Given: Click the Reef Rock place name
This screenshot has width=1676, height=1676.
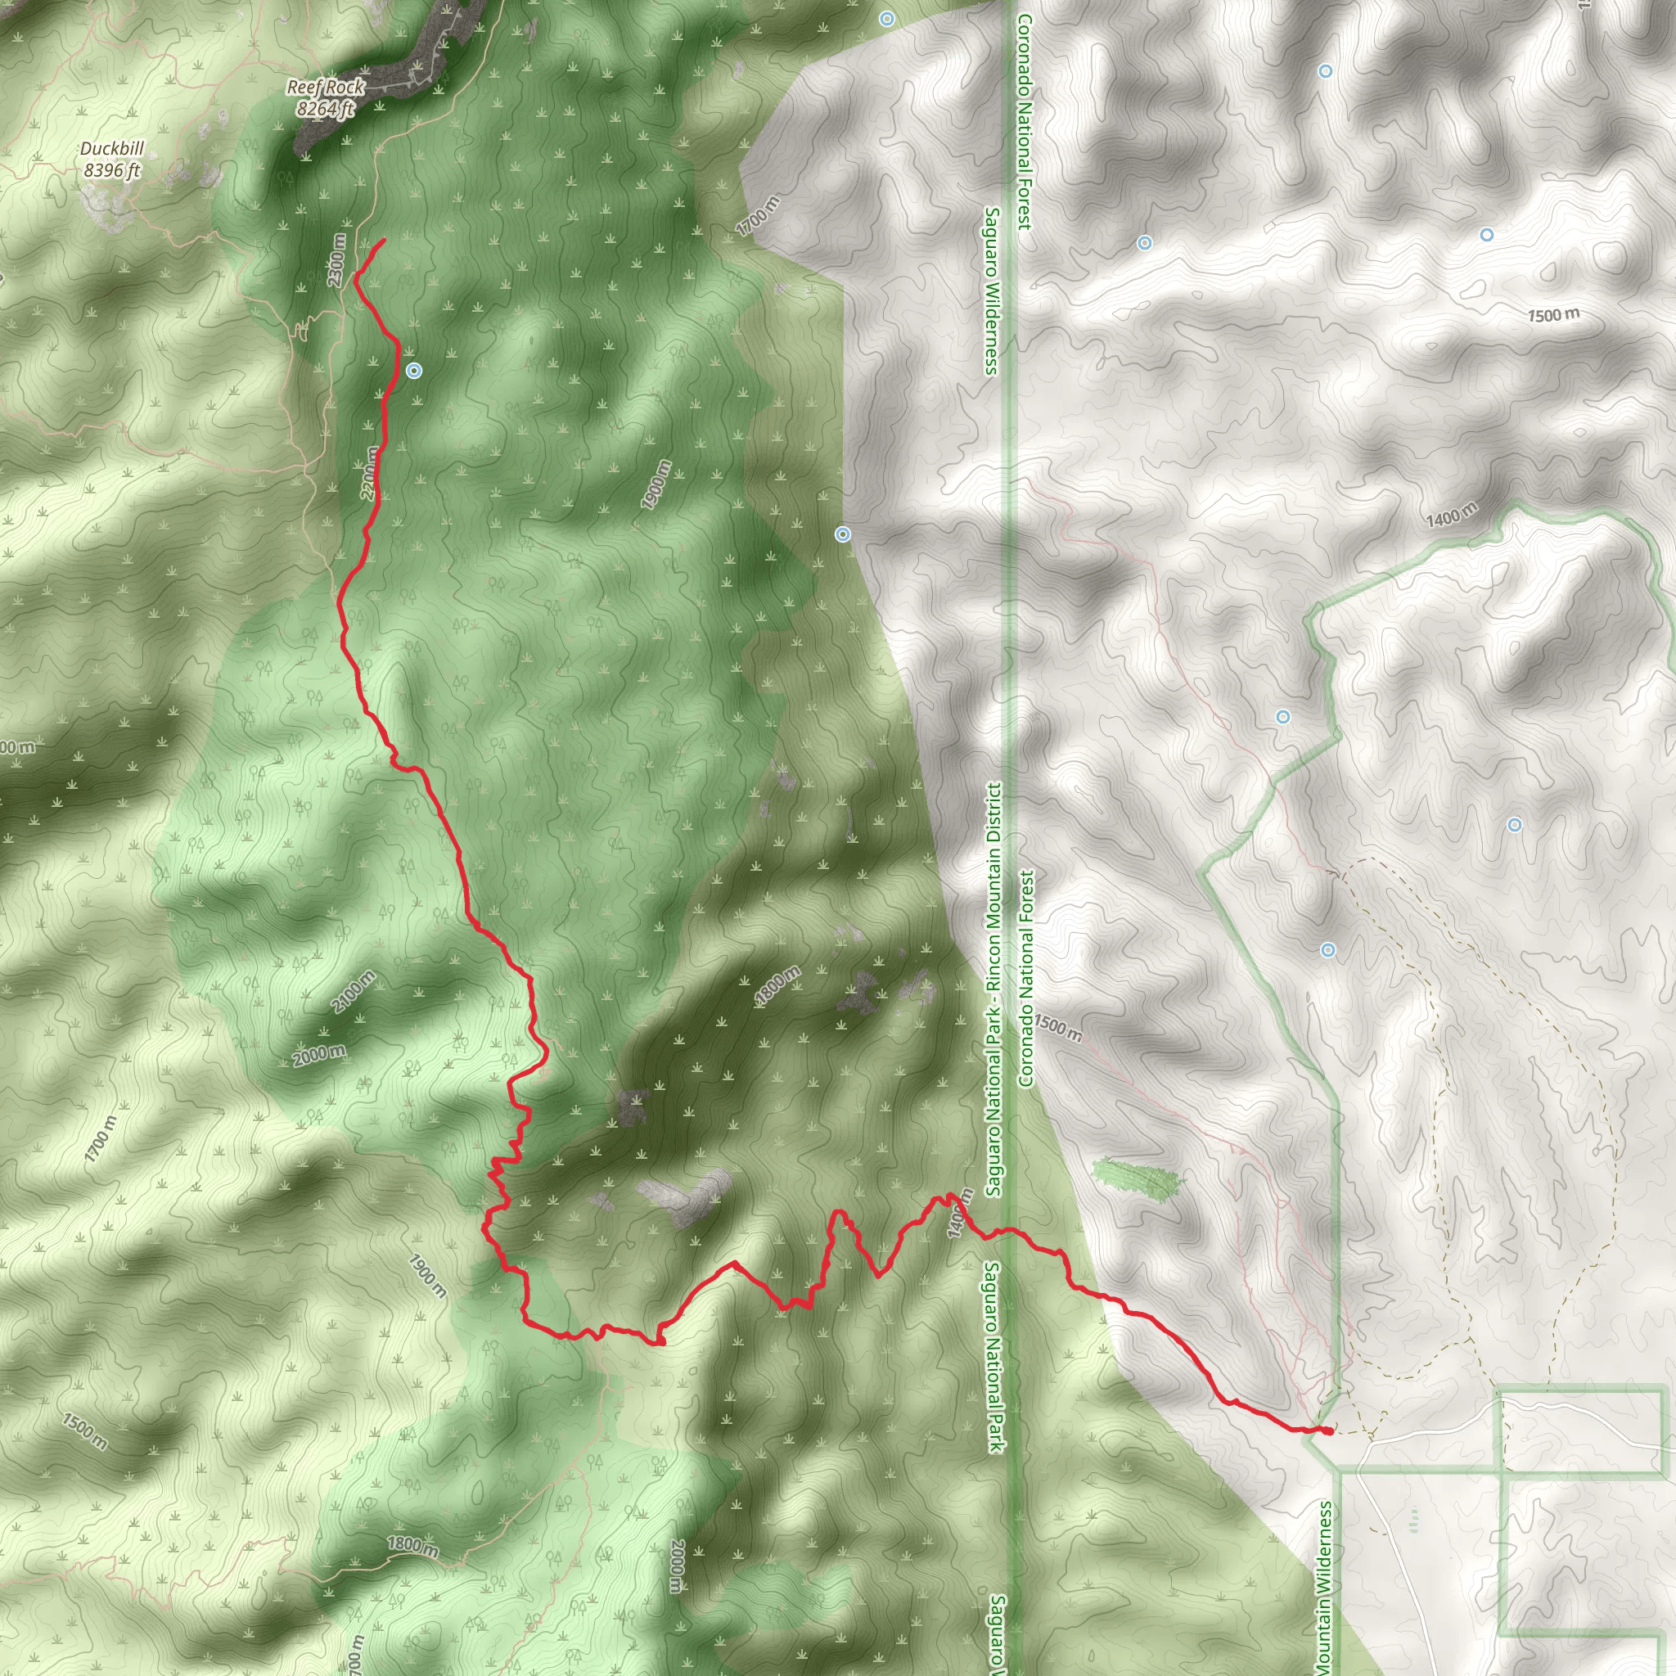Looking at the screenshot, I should coord(327,87).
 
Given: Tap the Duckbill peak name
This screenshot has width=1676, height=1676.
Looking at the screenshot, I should coord(112,148).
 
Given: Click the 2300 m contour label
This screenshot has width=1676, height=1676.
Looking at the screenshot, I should coord(337,260).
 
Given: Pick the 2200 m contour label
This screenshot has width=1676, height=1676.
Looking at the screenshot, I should coord(370,473).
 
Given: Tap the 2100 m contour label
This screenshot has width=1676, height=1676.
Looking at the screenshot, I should coord(354,991).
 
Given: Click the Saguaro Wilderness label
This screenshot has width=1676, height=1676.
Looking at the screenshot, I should coord(992,291).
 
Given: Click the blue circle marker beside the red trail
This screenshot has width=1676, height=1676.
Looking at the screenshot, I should coord(415,372).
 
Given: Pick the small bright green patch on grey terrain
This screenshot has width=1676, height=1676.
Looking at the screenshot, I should coord(1136,1179).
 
